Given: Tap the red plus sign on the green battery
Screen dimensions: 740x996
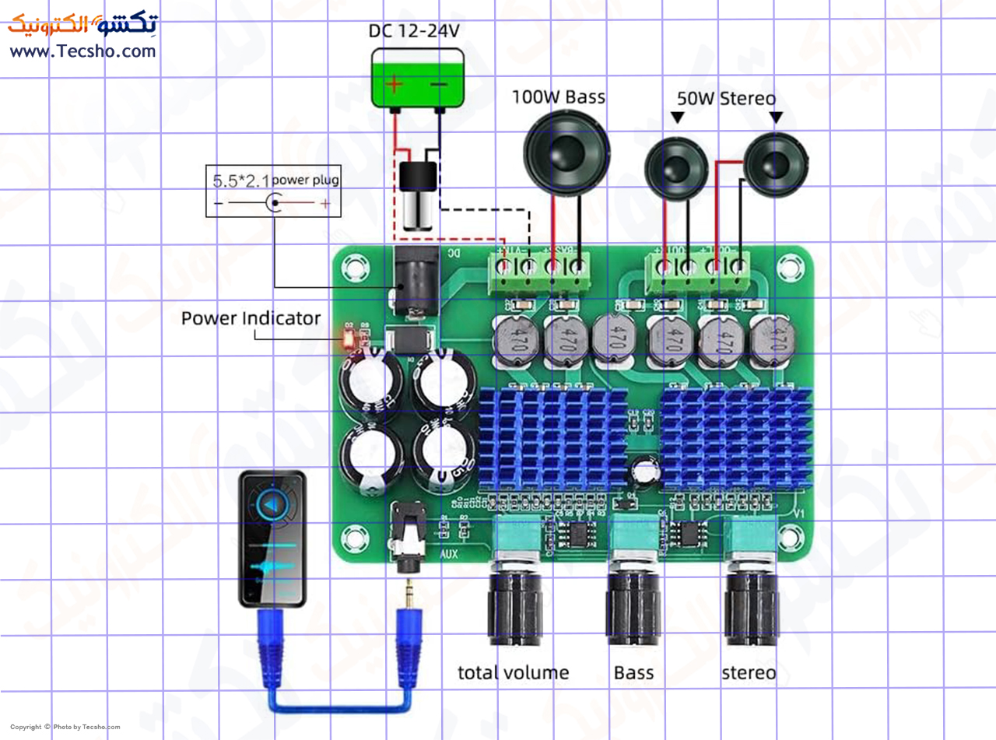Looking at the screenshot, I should coord(396,83).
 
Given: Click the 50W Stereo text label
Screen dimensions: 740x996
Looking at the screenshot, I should coord(726,99).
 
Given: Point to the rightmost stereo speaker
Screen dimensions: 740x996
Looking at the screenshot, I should coord(776,165).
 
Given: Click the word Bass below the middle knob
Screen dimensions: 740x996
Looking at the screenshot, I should coord(633,673).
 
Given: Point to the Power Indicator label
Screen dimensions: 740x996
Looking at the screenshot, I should coord(251,318).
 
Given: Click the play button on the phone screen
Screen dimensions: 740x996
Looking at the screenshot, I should coord(271,507).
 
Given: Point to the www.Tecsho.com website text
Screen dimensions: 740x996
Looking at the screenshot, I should coord(82,51).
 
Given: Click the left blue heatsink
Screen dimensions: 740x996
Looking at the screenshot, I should coord(552,440).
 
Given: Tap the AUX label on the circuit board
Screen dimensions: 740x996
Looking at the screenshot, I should coord(449,555).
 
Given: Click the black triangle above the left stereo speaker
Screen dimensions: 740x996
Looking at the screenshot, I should coord(677,117).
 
